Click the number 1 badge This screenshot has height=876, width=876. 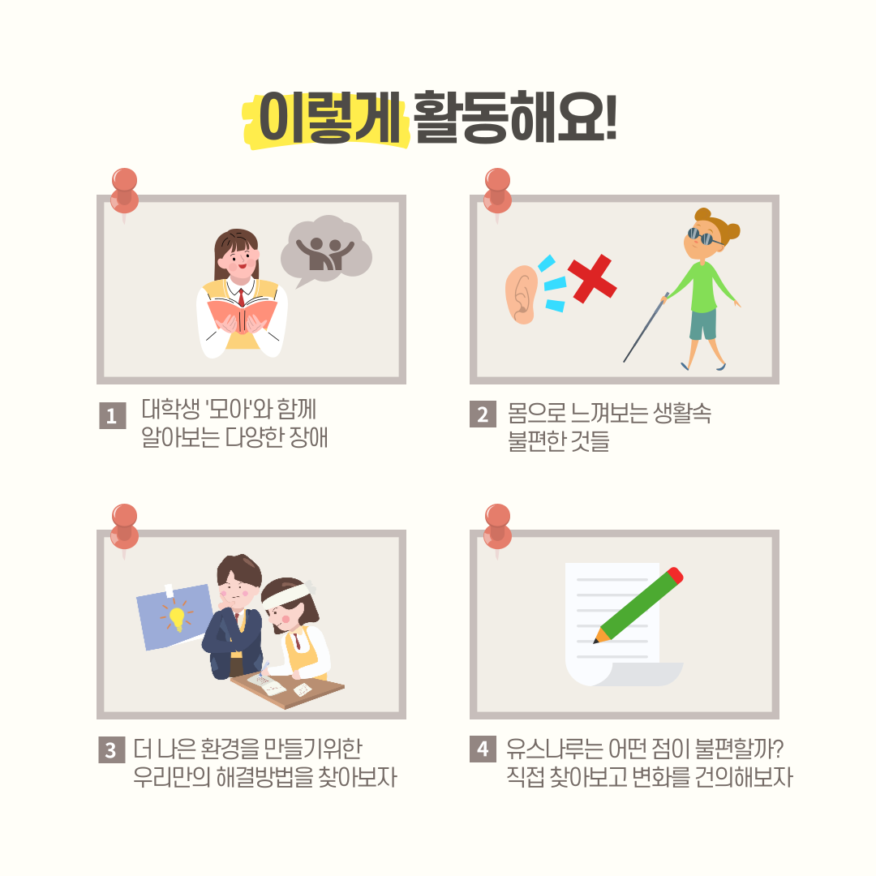[x=112, y=415]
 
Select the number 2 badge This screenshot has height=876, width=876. [x=483, y=414]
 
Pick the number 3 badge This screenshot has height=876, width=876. [x=111, y=749]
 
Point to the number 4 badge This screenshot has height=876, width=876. [x=483, y=749]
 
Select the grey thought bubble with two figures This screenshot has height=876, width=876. [x=326, y=251]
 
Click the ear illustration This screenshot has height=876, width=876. [x=522, y=294]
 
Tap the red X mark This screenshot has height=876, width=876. [x=591, y=279]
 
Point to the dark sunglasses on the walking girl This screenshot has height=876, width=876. [x=702, y=237]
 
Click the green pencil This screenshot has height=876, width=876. [x=638, y=605]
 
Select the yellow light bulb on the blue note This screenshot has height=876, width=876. [x=177, y=618]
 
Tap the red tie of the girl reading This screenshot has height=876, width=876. [x=241, y=297]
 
